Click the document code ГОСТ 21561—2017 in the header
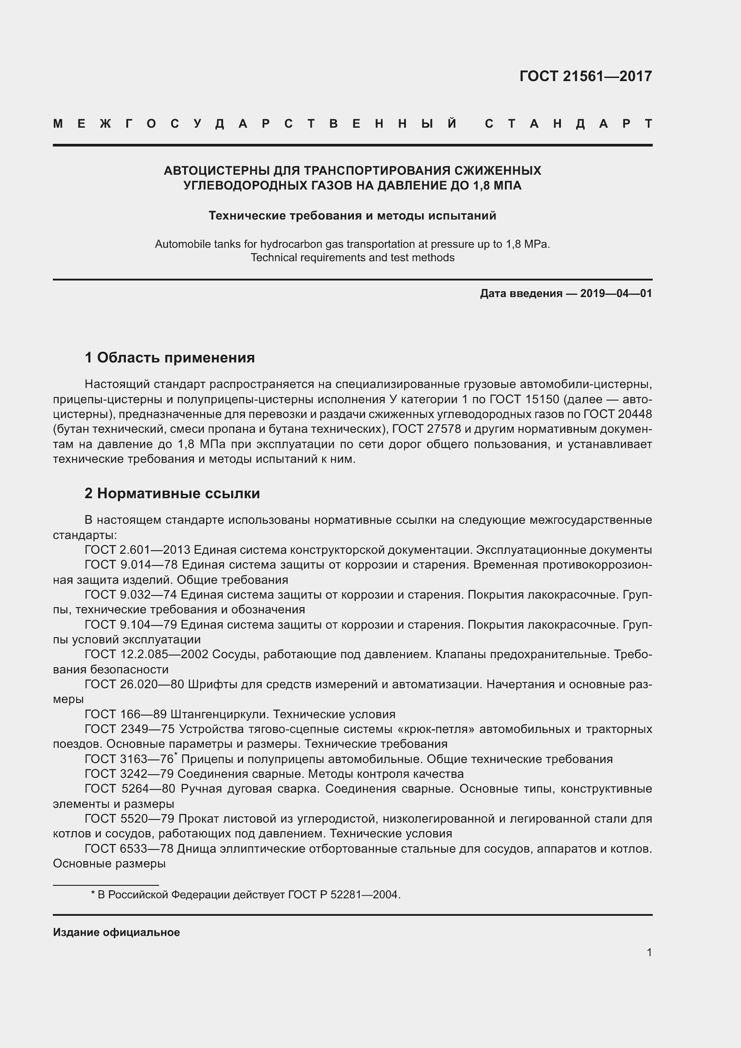tap(586, 76)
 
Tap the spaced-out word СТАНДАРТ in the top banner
tap(569, 124)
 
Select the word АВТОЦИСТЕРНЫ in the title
tap(217, 171)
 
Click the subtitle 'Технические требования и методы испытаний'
tap(352, 216)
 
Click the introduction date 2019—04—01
tap(616, 293)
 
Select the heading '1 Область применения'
tap(170, 358)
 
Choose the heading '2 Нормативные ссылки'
tap(172, 493)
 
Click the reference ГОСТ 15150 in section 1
tap(524, 399)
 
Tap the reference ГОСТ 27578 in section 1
tap(427, 430)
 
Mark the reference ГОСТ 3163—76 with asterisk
tap(129, 759)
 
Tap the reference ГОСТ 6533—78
tap(129, 849)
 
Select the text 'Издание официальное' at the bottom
tap(116, 932)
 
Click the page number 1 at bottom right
tap(649, 952)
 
